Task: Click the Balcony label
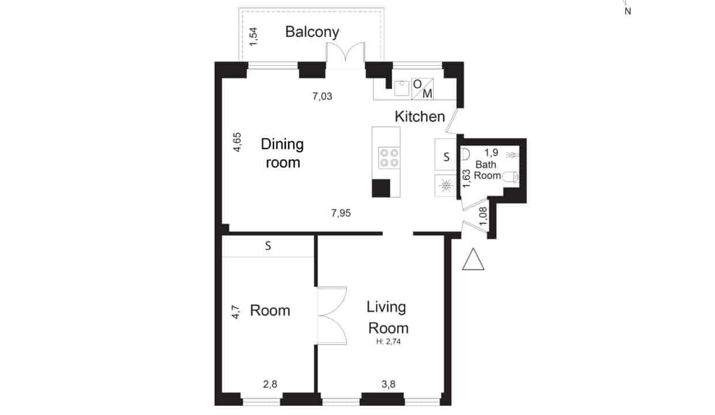coord(312,32)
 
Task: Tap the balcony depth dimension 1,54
coord(253,37)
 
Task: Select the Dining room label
coord(283,153)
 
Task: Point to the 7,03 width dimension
coord(322,96)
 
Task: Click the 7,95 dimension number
coord(341,213)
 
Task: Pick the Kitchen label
coord(420,116)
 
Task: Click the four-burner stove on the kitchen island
coord(389,158)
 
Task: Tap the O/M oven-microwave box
coord(422,89)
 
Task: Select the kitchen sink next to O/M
coord(401,88)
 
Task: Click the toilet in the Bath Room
coord(510,177)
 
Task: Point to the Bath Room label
coord(487,170)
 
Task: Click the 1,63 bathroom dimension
coord(466,178)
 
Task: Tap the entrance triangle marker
coord(473,259)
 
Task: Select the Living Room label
coord(387,318)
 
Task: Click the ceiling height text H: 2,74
coord(389,342)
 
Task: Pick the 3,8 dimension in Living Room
coord(389,384)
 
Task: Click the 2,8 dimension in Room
coord(270,384)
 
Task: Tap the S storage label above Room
coord(268,246)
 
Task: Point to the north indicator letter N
coord(628,12)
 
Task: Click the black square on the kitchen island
coord(381,188)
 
